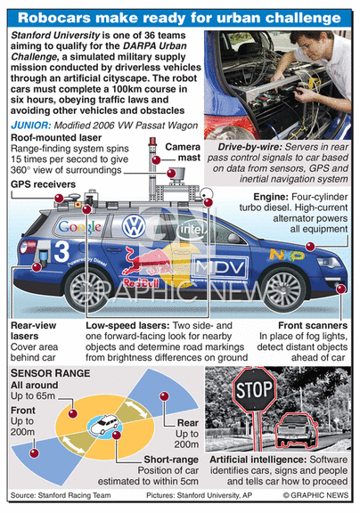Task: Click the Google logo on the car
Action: [80, 227]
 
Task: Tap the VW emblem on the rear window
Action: [134, 225]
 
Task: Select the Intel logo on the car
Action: [192, 230]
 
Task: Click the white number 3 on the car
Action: [61, 251]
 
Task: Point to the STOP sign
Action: [254, 389]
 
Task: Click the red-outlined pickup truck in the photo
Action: [297, 430]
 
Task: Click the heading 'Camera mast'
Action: [183, 152]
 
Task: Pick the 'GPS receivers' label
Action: [43, 184]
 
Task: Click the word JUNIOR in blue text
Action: [31, 126]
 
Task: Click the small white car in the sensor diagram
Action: [105, 424]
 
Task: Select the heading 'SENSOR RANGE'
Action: [50, 373]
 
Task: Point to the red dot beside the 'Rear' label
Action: [164, 396]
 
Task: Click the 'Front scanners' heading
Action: [313, 326]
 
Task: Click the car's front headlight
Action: [329, 262]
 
